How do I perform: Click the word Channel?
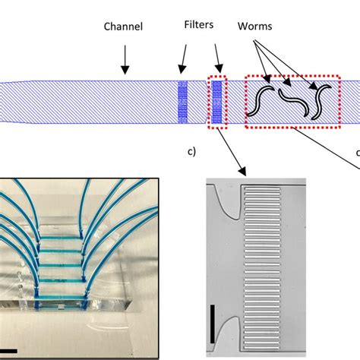pos(124,28)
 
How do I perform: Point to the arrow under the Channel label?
pos(124,59)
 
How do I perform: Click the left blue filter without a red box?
pos(182,101)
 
